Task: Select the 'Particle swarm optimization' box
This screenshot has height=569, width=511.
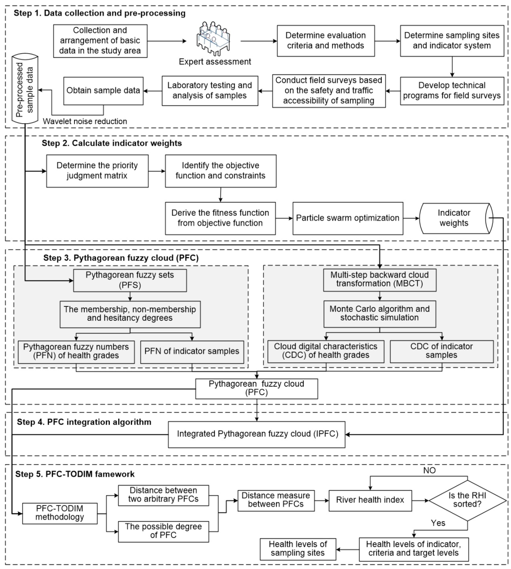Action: [348, 218]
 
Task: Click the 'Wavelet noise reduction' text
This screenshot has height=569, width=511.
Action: [85, 121]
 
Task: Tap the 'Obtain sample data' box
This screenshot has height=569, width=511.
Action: [103, 91]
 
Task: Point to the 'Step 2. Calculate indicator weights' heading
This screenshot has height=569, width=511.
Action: [112, 143]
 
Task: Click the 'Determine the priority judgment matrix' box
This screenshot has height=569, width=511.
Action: [97, 171]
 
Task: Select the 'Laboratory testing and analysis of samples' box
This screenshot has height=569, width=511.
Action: [210, 91]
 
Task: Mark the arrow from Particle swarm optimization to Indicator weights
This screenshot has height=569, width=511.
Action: [411, 218]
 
